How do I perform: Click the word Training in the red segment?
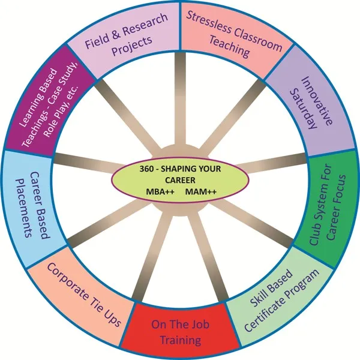pos(181,340)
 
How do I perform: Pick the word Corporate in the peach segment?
pos(67,282)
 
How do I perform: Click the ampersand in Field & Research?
pos(116,34)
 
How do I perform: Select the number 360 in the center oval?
pos(146,169)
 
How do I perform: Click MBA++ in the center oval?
pos(160,191)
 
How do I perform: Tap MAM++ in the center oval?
pos(200,191)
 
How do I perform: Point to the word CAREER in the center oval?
pos(180,180)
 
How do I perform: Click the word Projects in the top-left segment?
pos(132,46)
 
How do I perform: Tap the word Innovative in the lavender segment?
pos(317,101)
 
